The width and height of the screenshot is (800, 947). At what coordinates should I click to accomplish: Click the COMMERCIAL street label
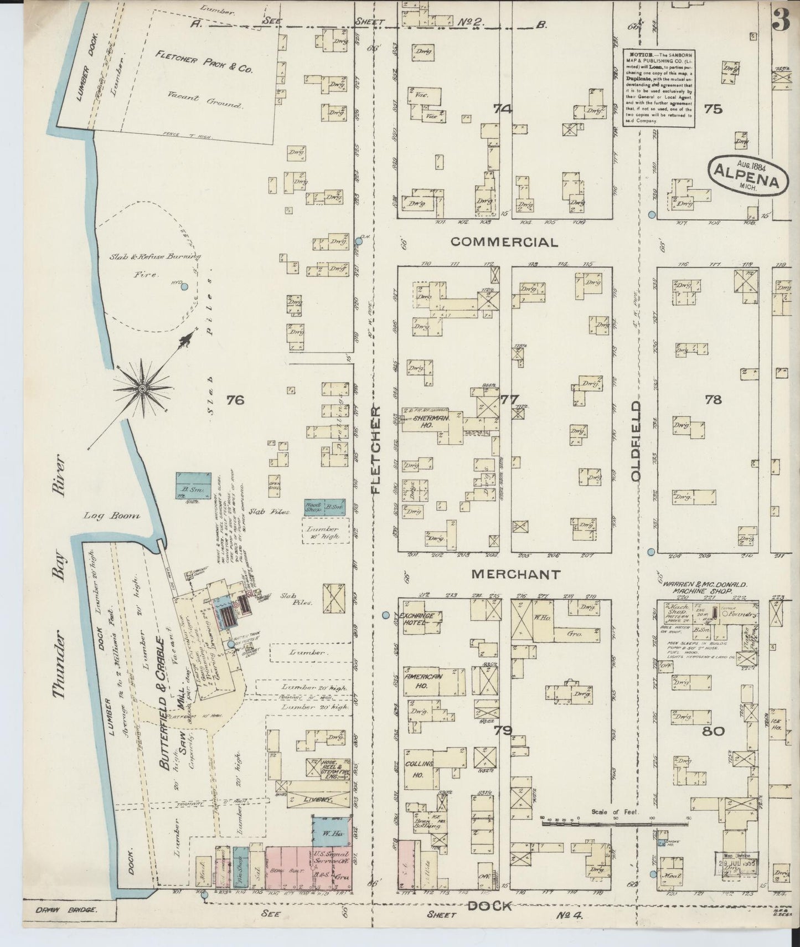[x=504, y=242]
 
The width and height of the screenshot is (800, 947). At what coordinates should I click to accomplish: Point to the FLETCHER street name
[x=376, y=449]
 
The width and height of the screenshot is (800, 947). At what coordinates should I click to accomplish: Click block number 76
[x=235, y=399]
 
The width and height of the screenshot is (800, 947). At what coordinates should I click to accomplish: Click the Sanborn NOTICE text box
[x=659, y=87]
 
